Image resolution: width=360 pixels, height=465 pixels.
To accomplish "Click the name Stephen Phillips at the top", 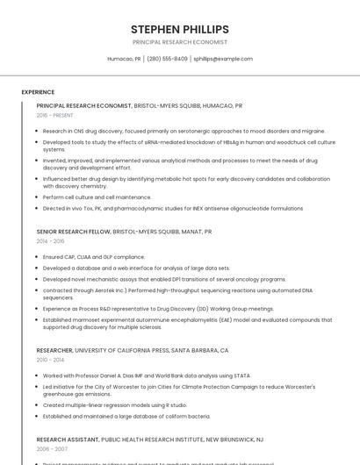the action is click(x=179, y=29).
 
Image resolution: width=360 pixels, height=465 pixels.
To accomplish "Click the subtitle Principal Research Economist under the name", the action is click(x=179, y=42).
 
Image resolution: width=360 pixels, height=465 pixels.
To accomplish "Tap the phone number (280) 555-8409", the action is click(x=167, y=59).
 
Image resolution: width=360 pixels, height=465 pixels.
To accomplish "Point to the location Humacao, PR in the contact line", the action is click(x=124, y=59).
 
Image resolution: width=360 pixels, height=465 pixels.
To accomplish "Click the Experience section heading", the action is click(x=38, y=92).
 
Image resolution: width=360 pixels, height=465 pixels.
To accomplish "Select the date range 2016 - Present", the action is click(x=54, y=115).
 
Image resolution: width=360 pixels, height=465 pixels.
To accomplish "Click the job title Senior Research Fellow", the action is click(x=74, y=232).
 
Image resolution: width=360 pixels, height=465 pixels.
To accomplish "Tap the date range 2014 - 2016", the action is click(x=50, y=241).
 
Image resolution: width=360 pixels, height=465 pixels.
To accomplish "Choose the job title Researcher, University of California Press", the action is click(x=132, y=350).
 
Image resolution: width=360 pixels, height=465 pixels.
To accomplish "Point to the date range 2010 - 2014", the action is click(x=50, y=360).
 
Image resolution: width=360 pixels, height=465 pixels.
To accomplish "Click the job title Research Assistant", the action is click(x=68, y=439).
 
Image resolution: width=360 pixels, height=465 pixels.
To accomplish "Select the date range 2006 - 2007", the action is click(x=50, y=448).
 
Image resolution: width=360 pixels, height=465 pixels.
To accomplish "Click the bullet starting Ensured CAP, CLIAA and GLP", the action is click(x=93, y=257).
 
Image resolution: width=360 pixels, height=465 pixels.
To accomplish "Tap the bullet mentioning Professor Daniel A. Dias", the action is click(x=145, y=376).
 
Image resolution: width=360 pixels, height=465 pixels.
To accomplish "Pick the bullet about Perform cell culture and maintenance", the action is click(x=97, y=197).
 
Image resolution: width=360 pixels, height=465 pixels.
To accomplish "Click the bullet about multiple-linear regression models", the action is click(x=114, y=405).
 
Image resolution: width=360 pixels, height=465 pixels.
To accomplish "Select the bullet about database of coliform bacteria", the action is click(x=126, y=416).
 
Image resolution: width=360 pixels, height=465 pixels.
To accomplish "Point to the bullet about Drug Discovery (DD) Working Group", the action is click(x=158, y=309).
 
